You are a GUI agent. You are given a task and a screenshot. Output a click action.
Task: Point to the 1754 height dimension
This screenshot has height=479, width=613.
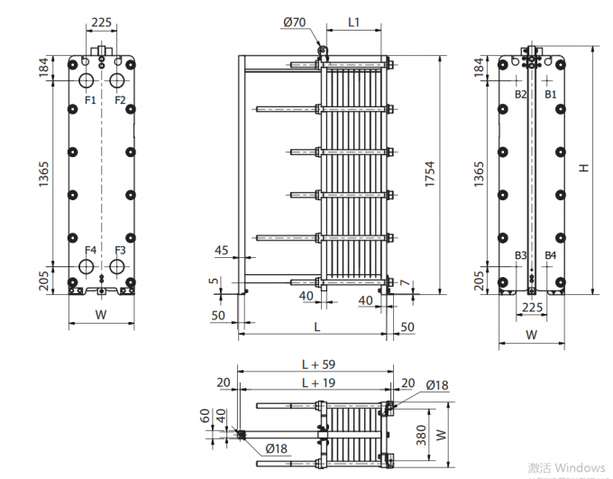coord(430,174)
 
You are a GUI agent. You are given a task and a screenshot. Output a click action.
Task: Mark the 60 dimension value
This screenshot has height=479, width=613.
coord(206,416)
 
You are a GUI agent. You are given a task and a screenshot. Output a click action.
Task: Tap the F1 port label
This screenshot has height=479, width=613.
coord(90,99)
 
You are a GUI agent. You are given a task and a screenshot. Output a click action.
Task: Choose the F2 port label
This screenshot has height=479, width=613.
coord(120,99)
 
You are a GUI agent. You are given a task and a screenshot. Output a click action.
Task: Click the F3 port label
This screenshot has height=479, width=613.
coord(120,250)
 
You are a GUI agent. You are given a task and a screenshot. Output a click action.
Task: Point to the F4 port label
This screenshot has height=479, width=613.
coord(90,250)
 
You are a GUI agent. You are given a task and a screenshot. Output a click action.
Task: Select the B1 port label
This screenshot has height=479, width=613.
coord(551,94)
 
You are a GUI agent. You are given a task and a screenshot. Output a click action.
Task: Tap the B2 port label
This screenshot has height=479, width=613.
coord(520,94)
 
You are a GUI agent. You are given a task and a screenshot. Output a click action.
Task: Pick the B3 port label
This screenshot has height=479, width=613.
coord(520,256)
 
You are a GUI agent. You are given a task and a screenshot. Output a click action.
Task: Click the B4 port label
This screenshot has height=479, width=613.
coord(551,256)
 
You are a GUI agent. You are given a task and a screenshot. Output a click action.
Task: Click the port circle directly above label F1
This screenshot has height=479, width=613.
coord(87,80)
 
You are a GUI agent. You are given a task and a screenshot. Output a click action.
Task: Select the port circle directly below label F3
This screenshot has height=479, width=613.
coord(117,268)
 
